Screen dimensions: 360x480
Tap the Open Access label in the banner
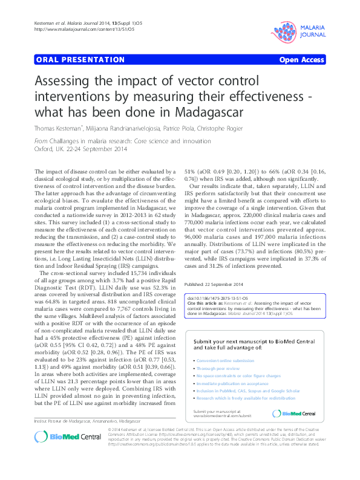pos(301,60)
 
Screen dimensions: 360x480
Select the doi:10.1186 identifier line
pos(220,298)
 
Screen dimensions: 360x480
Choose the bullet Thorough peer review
pos(215,368)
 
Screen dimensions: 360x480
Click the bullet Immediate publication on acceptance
pos(231,383)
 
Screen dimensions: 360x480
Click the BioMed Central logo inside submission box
pos(295,413)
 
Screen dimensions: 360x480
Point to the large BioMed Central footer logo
pos(60,453)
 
